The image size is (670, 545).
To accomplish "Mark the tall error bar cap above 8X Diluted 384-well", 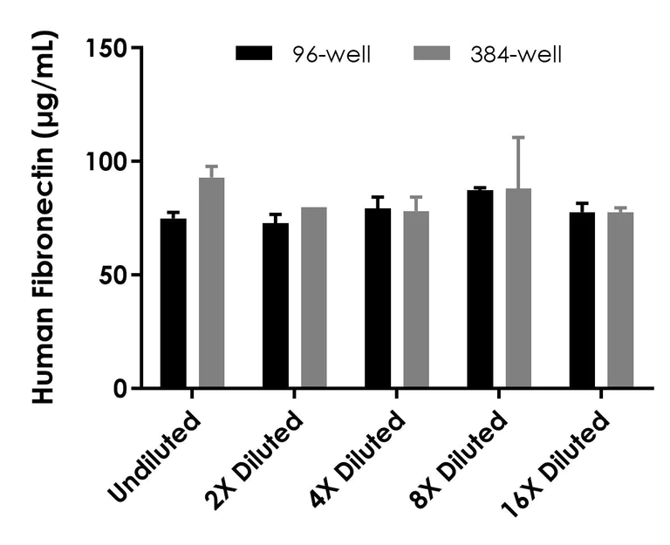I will (x=518, y=137).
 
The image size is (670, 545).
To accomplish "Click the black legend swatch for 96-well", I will (x=256, y=54).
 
